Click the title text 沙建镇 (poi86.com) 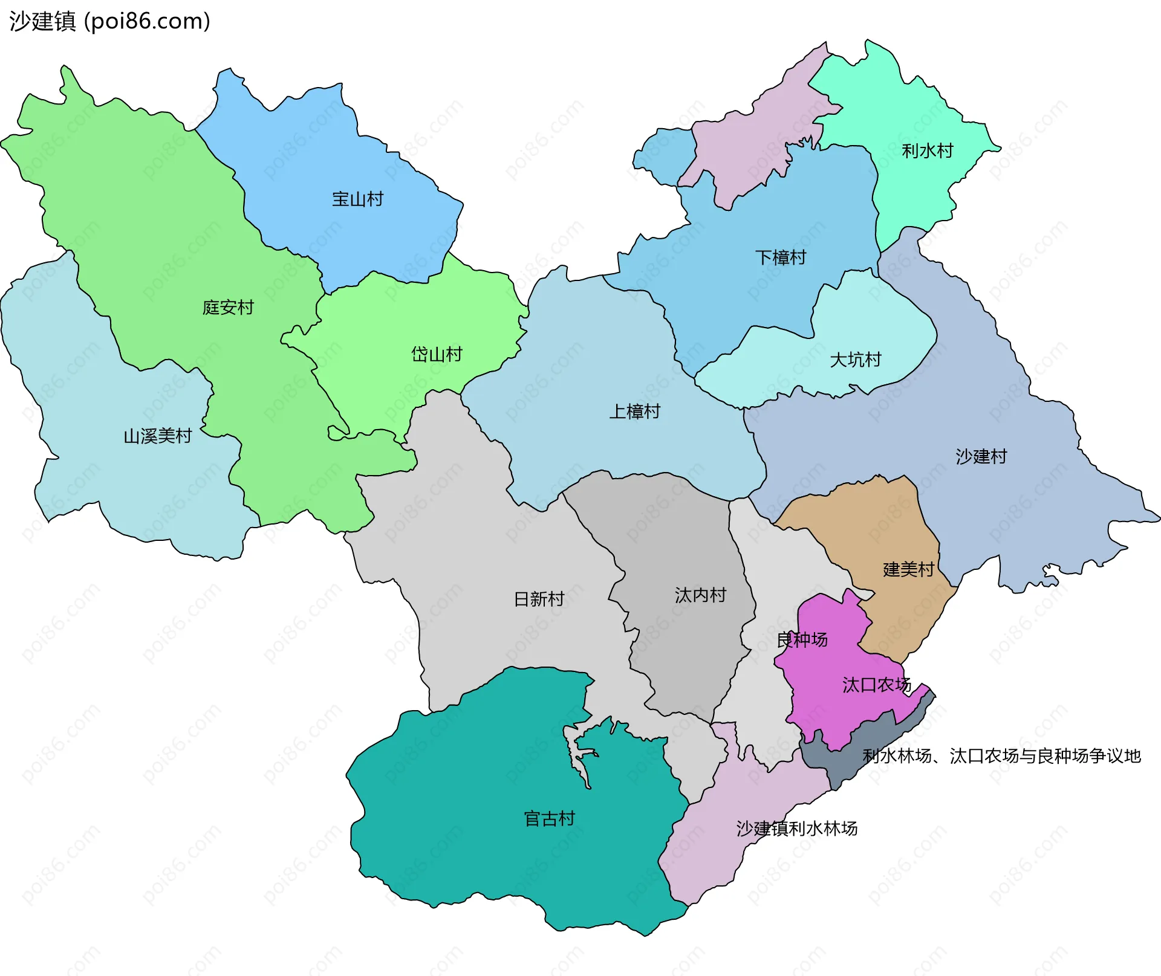tap(109, 21)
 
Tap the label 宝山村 tap(357, 199)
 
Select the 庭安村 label tap(228, 308)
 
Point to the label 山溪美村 tap(158, 436)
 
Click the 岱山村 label tap(437, 354)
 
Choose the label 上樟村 tap(634, 412)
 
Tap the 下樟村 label tap(781, 257)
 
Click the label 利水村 tap(928, 150)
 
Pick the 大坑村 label tap(856, 360)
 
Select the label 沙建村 tap(981, 456)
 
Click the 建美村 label tap(909, 569)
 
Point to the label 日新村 tap(539, 599)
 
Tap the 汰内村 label tap(700, 595)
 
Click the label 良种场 tap(802, 639)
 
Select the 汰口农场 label tap(876, 685)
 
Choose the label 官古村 tap(549, 819)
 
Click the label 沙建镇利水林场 tap(796, 829)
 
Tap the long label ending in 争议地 tap(1001, 756)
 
